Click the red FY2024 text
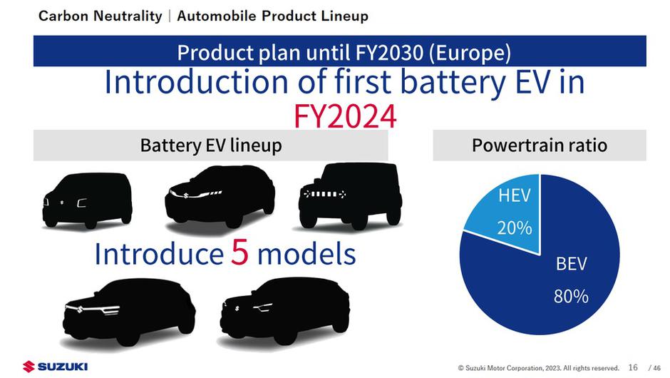point(345,116)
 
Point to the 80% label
point(571,296)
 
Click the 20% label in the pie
point(515,228)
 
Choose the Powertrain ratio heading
point(540,145)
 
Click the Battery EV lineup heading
point(211,145)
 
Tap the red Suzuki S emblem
point(29,367)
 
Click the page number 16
point(633,367)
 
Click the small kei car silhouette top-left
point(87,200)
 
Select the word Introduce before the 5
point(159,254)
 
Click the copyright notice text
point(538,368)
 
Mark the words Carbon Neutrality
point(100,16)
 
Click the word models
point(306,254)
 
